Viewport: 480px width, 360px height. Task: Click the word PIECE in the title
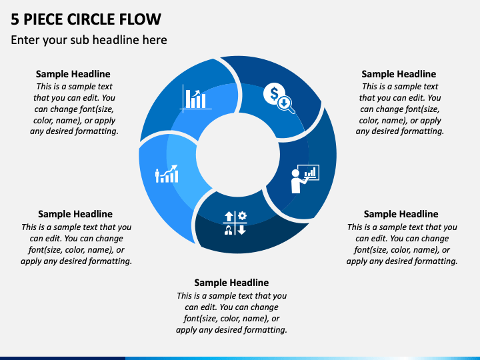coord(43,19)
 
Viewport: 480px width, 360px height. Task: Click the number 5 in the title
coord(15,19)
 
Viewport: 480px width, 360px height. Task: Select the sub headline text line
coord(89,40)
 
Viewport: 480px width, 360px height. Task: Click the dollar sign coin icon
coord(273,93)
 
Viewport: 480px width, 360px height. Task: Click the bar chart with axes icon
coord(196,98)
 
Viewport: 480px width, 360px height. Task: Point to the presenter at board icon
coord(305,179)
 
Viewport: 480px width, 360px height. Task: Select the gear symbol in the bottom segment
coord(242,216)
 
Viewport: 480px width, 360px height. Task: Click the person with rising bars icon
coord(167,174)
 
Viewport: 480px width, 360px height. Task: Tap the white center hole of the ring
coord(238,155)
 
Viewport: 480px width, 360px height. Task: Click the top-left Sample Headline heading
coord(73,74)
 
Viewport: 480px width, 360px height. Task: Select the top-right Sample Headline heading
coord(399,74)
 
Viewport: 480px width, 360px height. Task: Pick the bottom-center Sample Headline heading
coord(231,283)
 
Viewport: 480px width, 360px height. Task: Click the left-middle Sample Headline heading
coord(75,214)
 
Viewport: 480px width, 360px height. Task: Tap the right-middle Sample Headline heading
coord(401,214)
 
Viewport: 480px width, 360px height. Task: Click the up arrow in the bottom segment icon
coord(229,217)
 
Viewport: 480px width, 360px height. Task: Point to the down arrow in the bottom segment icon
coord(242,230)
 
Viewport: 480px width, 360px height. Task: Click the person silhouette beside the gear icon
coord(229,230)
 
